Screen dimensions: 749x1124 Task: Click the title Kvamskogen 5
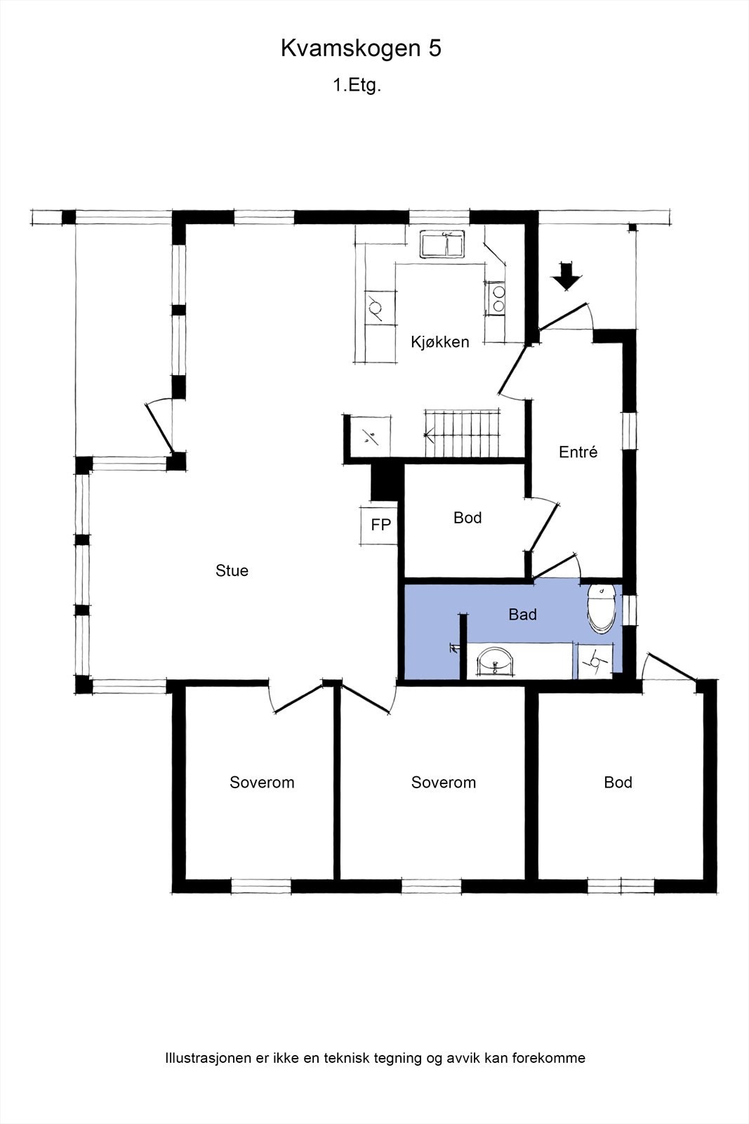[x=361, y=48]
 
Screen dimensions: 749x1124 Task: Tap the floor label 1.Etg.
[x=357, y=85]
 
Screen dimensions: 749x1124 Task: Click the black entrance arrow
[x=566, y=275]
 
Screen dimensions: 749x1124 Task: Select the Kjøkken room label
[x=439, y=341]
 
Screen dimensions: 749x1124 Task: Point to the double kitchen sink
[x=442, y=244]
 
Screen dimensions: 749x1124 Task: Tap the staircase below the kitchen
[x=462, y=433]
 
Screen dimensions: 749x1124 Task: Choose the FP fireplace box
[x=380, y=525]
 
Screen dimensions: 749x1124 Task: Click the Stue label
[x=232, y=570]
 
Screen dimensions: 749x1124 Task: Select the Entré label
[x=578, y=452]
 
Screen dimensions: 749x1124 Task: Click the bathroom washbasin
[x=495, y=662]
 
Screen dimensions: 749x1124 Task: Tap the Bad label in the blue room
[x=522, y=614]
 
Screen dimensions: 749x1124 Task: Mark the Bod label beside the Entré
[x=468, y=517]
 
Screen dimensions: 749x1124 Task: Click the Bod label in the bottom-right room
[x=618, y=782]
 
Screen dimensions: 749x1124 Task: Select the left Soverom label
[x=262, y=782]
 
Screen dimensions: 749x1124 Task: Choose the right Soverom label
[x=443, y=782]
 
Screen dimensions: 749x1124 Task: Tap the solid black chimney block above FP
[x=387, y=482]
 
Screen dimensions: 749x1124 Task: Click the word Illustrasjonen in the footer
[x=208, y=1058]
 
